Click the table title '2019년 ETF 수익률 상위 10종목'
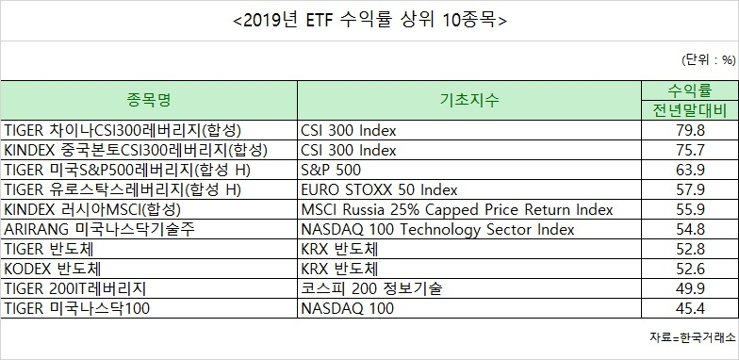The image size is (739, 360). [369, 21]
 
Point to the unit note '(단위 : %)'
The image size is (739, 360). [709, 60]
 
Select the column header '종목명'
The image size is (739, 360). [149, 100]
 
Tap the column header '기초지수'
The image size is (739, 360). [469, 100]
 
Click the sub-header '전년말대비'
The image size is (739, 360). [690, 110]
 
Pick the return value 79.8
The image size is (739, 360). [690, 130]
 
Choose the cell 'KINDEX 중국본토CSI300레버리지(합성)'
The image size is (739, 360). [136, 151]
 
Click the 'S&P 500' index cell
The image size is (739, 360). [332, 170]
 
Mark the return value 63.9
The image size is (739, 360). [690, 170]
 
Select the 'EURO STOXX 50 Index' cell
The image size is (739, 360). [379, 190]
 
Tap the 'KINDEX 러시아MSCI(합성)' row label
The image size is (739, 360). [92, 209]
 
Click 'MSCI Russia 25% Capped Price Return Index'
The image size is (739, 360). [457, 209]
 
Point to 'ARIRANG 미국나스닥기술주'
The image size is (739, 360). [99, 230]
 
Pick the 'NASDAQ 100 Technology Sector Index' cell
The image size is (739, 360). [437, 230]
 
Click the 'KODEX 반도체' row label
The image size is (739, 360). [53, 270]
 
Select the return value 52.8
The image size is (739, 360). [690, 249]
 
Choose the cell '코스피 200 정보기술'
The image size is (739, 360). [371, 288]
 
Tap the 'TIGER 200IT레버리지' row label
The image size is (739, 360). [75, 288]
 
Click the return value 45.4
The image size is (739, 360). [690, 309]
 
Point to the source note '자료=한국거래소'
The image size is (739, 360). [692, 337]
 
